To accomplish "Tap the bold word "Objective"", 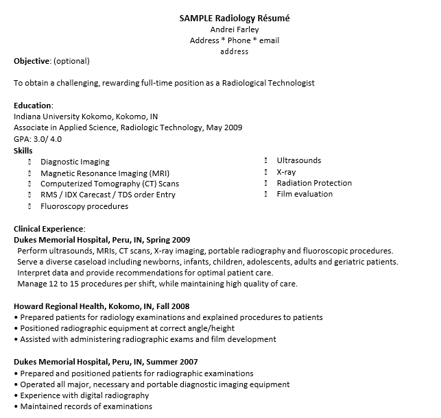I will coord(32,61).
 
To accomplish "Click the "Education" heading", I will coord(32,106).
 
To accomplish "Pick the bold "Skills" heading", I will coord(23,150).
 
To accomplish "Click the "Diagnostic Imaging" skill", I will coord(75,162).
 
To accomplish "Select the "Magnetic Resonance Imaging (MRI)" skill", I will coord(105,173).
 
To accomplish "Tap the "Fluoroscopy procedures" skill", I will coord(84,206).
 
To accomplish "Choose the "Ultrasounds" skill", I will coord(298,160).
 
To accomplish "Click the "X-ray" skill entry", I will coord(286,172).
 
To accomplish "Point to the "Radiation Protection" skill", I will coord(314,183).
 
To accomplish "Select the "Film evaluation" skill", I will coord(305,194).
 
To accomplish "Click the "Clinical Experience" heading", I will coord(49,228).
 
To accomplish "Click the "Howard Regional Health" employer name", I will coord(59,306).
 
